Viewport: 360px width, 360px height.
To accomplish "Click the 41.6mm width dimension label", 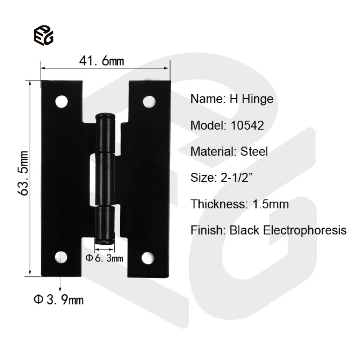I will [102, 61].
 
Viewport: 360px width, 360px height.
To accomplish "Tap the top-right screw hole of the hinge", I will [149, 102].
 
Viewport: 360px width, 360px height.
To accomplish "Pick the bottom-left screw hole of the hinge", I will [62, 257].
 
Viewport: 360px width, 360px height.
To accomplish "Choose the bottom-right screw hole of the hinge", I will [148, 257].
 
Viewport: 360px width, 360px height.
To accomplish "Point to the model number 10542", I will [248, 125].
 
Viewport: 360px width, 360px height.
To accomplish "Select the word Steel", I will [254, 152].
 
